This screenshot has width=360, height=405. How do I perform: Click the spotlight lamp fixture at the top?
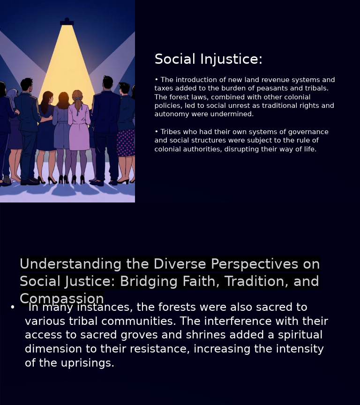coord(67,22)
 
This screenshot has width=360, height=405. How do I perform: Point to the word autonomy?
coord(171,114)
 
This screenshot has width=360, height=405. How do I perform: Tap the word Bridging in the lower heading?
coord(149,281)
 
